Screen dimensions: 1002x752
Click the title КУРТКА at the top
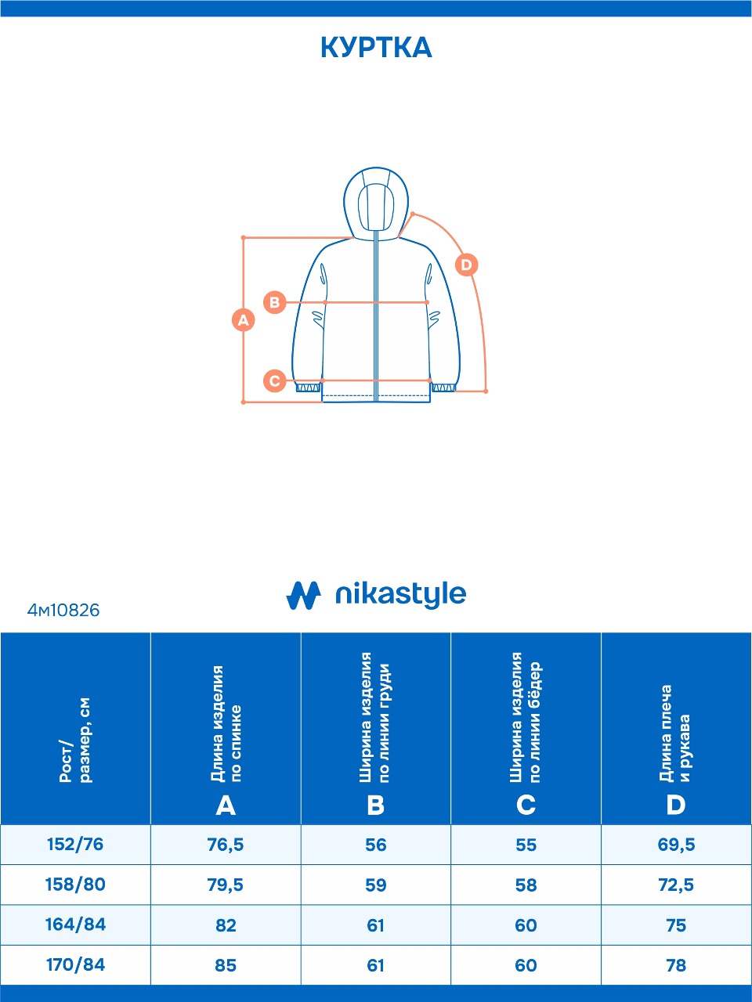click(376, 48)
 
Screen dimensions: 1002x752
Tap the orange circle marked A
click(244, 319)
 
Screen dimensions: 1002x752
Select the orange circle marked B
click(274, 302)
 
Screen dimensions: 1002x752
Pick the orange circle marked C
click(274, 381)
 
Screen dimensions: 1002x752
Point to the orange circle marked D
click(466, 265)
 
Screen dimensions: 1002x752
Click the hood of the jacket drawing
click(375, 200)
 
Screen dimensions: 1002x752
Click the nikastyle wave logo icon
click(303, 596)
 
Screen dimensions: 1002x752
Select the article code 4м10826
click(63, 610)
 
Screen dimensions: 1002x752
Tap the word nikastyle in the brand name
click(400, 595)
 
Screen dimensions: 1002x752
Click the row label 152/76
click(75, 845)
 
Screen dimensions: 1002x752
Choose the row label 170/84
click(75, 964)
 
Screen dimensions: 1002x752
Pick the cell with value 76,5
click(226, 845)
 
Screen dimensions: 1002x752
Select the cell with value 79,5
click(226, 885)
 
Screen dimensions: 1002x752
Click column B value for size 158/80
click(376, 885)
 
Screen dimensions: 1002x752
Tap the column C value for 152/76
click(526, 845)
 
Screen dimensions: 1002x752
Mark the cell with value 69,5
click(676, 845)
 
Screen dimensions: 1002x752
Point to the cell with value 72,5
click(676, 885)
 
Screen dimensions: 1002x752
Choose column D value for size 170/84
click(676, 965)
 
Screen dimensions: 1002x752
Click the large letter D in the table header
click(675, 805)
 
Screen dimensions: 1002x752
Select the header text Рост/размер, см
click(75, 740)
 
